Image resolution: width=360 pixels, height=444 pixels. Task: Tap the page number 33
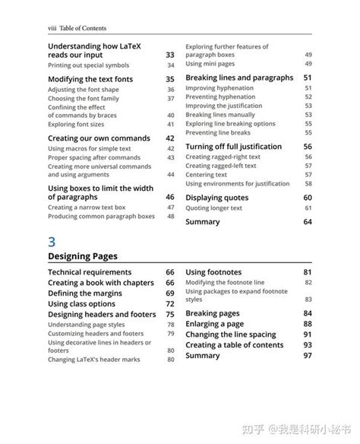pyautogui.click(x=169, y=55)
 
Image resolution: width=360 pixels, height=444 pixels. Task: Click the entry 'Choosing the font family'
pyautogui.click(x=83, y=99)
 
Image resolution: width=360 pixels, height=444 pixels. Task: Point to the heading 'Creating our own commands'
pyautogui.click(x=94, y=138)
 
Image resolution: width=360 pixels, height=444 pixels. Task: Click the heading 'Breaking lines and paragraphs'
pyautogui.click(x=239, y=78)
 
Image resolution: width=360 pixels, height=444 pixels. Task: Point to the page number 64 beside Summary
pyautogui.click(x=308, y=222)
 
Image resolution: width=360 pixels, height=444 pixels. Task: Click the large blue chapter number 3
pyautogui.click(x=52, y=243)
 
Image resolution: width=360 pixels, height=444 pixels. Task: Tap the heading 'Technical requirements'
pyautogui.click(x=90, y=272)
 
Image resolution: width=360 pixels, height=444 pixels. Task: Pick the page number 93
pyautogui.click(x=308, y=345)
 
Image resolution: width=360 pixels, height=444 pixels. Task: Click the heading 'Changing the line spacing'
pyautogui.click(x=231, y=335)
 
